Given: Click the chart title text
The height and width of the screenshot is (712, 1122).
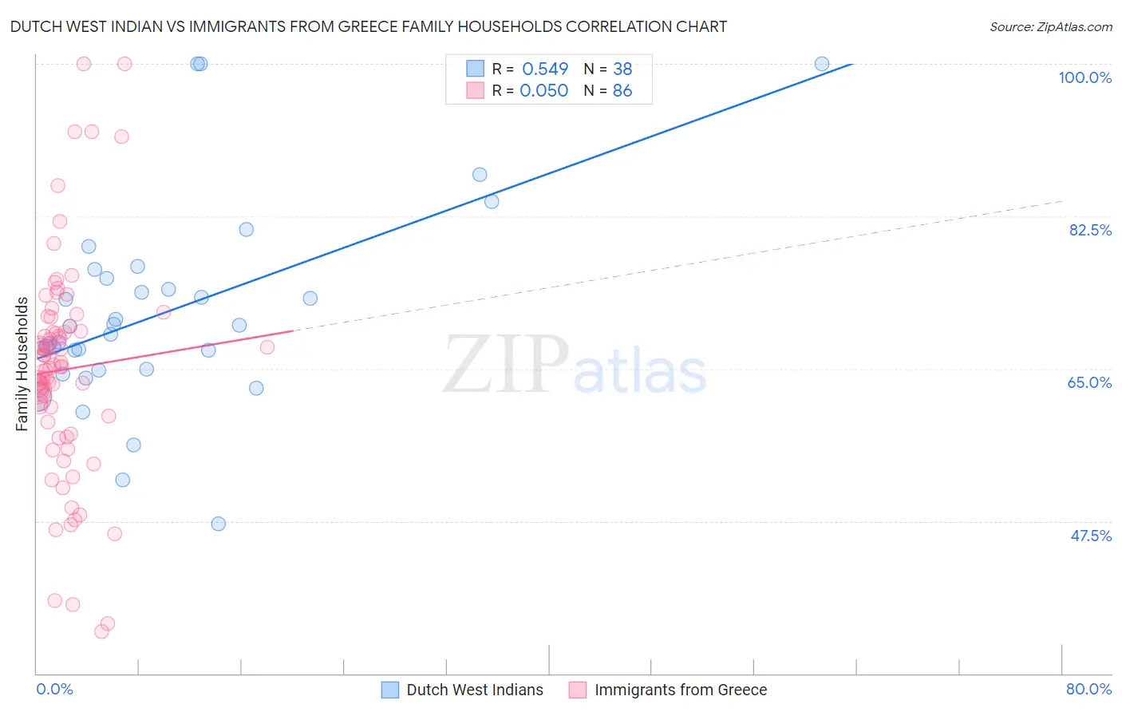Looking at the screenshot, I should pyautogui.click(x=368, y=26).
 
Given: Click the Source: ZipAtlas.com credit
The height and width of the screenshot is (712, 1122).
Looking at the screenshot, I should pyautogui.click(x=1050, y=26).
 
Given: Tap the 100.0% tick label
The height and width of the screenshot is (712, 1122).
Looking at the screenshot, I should pyautogui.click(x=1084, y=77).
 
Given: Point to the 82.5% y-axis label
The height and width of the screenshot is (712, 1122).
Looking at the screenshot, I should pyautogui.click(x=1090, y=230).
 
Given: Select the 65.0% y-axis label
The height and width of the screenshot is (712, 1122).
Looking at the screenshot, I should pyautogui.click(x=1089, y=382).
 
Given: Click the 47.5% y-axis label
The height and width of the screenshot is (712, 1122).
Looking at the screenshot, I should pyautogui.click(x=1091, y=536).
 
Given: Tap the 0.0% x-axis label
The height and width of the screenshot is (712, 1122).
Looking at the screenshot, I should pyautogui.click(x=54, y=689).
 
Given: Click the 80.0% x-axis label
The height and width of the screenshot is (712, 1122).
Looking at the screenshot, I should pyautogui.click(x=1088, y=689).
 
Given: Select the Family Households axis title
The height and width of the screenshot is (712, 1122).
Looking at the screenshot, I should pyautogui.click(x=22, y=364).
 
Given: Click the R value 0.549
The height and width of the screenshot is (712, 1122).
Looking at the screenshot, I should pyautogui.click(x=545, y=69).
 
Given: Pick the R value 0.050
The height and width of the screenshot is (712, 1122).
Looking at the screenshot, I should pyautogui.click(x=544, y=91).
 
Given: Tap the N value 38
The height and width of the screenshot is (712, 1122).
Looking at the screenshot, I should pyautogui.click(x=622, y=69).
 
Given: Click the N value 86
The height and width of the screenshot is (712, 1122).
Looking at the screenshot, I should pyautogui.click(x=622, y=91).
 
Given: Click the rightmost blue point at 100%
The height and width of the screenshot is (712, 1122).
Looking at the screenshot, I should pyautogui.click(x=822, y=64).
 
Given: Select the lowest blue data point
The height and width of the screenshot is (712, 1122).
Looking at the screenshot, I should pyautogui.click(x=218, y=524).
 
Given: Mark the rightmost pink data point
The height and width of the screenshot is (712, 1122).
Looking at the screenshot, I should pyautogui.click(x=267, y=347).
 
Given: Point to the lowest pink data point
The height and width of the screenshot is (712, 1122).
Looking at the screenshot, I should pyautogui.click(x=101, y=631).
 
